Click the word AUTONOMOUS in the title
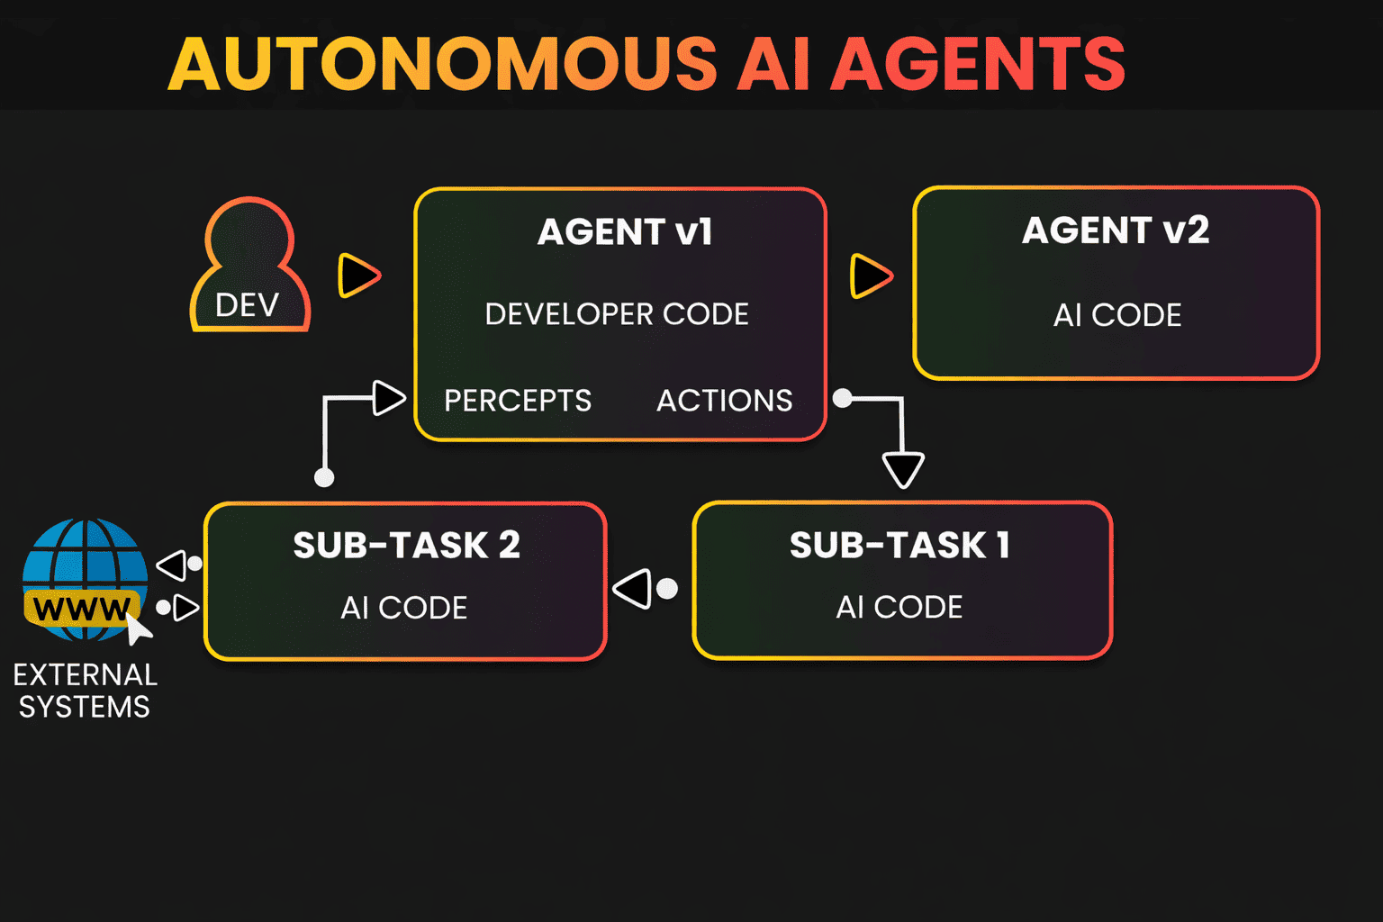[442, 64]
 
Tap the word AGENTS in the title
[978, 64]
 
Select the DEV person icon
[249, 267]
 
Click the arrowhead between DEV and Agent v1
[358, 276]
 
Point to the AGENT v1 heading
[625, 232]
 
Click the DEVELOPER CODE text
[617, 314]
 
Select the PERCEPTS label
[518, 401]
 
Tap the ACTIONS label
[724, 401]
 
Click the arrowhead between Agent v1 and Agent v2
[871, 276]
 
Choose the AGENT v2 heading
[1116, 230]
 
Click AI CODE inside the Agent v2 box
[1117, 315]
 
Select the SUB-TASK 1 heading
[899, 546]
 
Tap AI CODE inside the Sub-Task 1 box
[899, 608]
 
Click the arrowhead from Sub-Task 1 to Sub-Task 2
[633, 589]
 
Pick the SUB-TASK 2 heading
[406, 546]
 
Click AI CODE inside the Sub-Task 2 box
[404, 609]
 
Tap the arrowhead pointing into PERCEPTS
[388, 398]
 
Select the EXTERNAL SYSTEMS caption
[85, 691]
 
